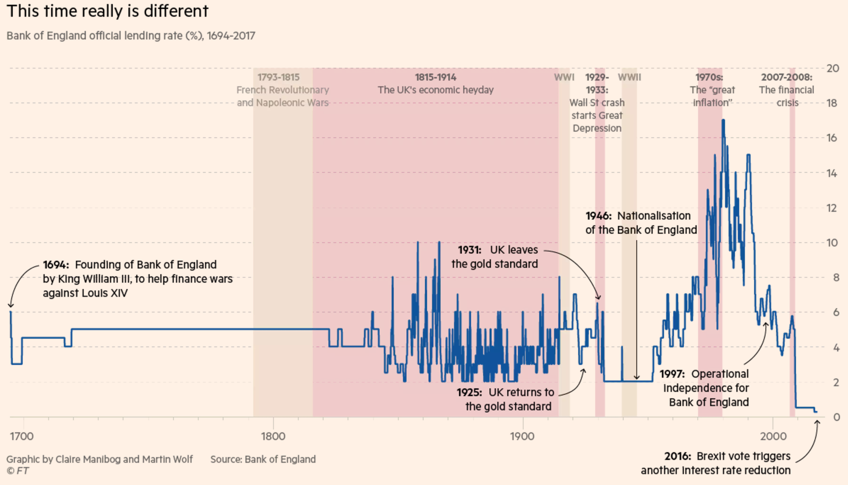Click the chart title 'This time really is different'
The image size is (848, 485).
click(107, 11)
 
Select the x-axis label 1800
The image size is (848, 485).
click(273, 436)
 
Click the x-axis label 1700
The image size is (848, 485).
click(22, 436)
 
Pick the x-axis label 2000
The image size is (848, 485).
click(773, 436)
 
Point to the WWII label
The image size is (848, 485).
click(629, 77)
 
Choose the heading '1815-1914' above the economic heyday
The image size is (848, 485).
click(436, 77)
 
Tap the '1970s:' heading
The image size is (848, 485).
click(709, 77)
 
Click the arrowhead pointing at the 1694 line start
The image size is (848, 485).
click(11, 305)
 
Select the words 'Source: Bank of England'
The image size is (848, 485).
click(263, 459)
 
